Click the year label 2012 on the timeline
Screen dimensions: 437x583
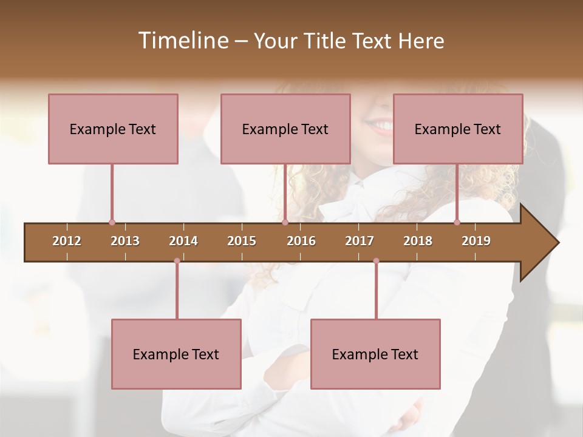click(x=67, y=241)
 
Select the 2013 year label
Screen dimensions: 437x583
click(x=125, y=241)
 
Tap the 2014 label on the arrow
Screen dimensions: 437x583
click(x=183, y=241)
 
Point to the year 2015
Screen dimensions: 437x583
click(x=242, y=241)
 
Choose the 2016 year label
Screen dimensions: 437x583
click(x=301, y=241)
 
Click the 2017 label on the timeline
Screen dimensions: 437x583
click(x=360, y=241)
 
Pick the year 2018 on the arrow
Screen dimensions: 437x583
click(x=418, y=241)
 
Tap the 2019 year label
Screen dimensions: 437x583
click(x=476, y=241)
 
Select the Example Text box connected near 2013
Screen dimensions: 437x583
click(x=113, y=129)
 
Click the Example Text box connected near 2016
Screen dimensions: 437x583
click(x=285, y=129)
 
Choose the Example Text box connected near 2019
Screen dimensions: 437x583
click(x=458, y=129)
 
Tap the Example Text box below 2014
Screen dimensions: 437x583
click(x=176, y=354)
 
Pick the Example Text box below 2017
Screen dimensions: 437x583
click(x=375, y=354)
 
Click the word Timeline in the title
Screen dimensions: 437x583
click(x=182, y=41)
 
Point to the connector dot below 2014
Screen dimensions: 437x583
click(x=177, y=261)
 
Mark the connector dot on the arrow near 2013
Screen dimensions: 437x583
click(x=112, y=223)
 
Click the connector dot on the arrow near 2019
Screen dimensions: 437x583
click(x=457, y=223)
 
